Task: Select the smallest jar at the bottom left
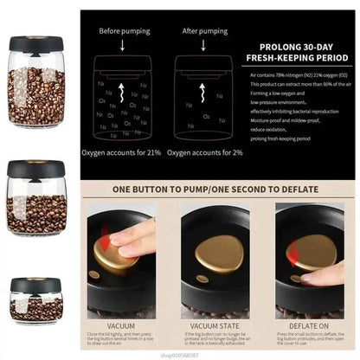click(34, 304)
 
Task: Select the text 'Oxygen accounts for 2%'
click(204, 152)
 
